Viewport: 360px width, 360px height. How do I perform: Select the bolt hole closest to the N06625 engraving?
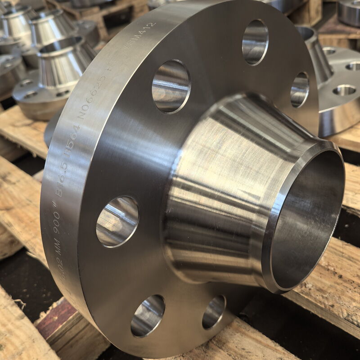(x=171, y=86)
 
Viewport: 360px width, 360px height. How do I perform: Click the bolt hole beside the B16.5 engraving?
(x=117, y=221)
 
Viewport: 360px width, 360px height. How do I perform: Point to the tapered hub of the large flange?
(x=220, y=180)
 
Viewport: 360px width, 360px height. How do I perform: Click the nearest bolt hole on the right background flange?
(x=344, y=90)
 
